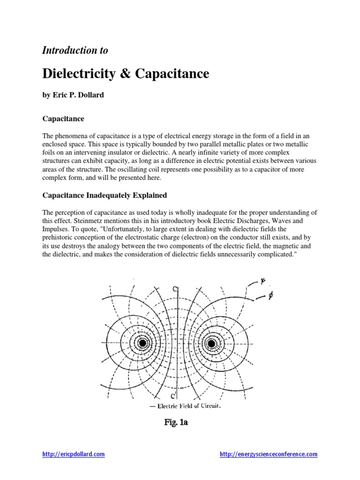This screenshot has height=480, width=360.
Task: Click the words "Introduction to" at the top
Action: click(75, 50)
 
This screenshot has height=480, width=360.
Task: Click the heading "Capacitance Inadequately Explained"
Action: click(105, 195)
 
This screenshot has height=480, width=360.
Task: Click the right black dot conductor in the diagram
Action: click(211, 344)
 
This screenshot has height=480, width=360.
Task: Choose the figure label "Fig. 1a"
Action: click(176, 423)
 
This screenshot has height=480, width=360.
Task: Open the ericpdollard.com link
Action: click(73, 454)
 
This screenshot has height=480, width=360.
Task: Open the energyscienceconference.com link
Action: click(269, 454)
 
